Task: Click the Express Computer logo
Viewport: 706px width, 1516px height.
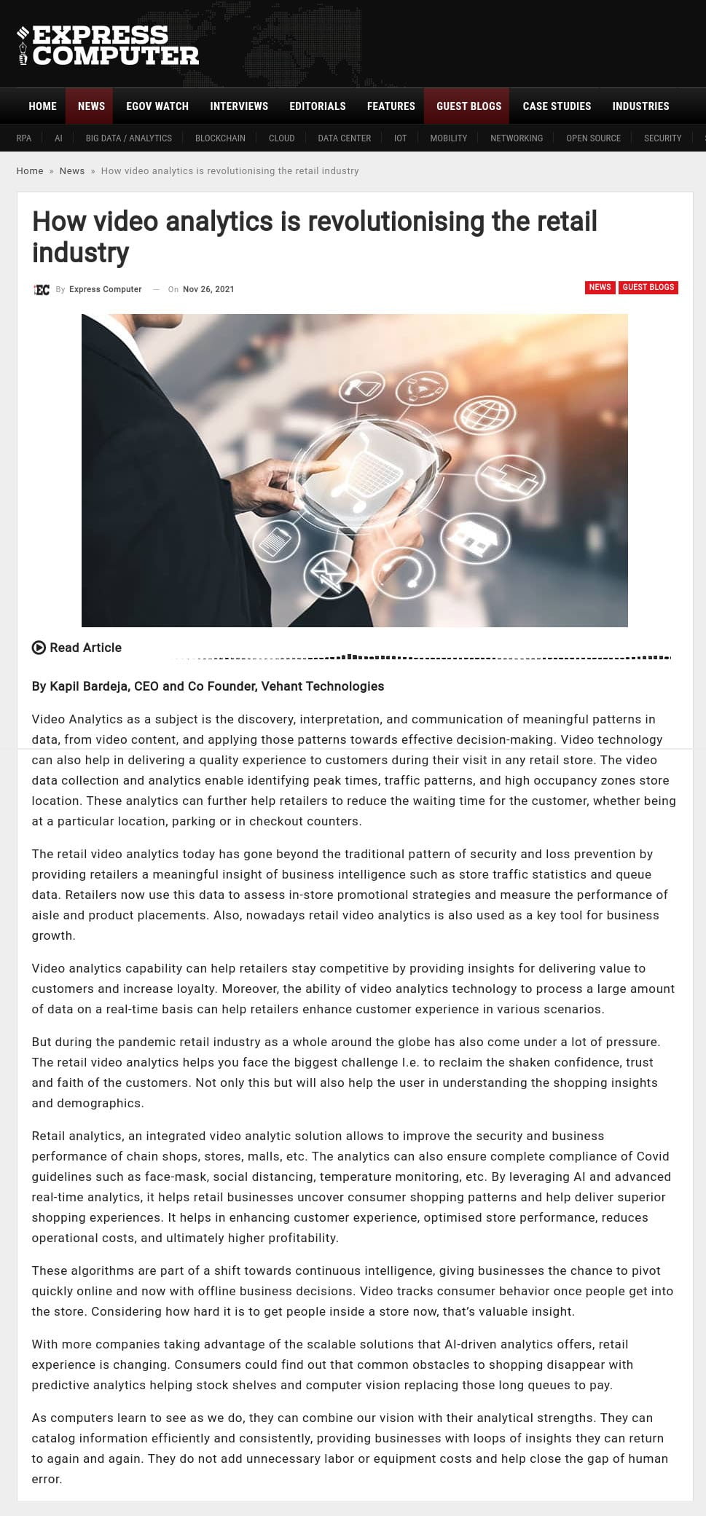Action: coord(108,45)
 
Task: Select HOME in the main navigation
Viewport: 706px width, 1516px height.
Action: coord(42,106)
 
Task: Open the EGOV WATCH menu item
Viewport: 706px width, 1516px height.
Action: coord(157,106)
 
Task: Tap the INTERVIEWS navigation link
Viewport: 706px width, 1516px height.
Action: coord(239,106)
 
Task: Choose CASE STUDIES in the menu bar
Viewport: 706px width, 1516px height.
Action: coord(557,106)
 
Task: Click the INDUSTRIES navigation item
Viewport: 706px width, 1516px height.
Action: coord(640,106)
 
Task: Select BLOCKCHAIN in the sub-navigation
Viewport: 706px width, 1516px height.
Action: coord(220,138)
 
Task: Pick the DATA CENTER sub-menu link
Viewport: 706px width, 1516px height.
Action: coord(344,138)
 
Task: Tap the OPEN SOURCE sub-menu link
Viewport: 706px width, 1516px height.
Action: coord(593,138)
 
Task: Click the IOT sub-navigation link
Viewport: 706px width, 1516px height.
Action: coord(400,138)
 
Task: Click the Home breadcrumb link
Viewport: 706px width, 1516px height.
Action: coord(30,171)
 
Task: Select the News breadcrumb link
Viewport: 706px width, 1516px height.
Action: coord(72,171)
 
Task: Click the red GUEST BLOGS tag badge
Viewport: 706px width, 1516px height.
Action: coord(648,287)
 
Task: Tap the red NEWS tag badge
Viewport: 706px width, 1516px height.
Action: coord(600,287)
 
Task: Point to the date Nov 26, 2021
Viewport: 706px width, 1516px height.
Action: coord(208,289)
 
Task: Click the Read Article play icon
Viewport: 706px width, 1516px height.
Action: coord(39,648)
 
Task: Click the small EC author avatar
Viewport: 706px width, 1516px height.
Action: coord(42,290)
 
